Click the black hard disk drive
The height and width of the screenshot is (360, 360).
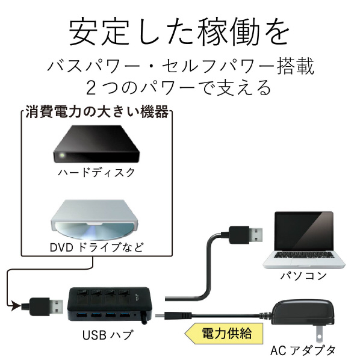point(96,144)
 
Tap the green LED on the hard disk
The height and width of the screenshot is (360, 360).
point(61,155)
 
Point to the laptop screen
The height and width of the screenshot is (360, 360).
point(304,231)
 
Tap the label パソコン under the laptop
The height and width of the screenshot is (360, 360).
point(303,276)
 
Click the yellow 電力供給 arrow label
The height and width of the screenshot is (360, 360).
point(224,333)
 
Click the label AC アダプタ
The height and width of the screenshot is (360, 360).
point(303,351)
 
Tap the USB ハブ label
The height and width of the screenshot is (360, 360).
point(107,335)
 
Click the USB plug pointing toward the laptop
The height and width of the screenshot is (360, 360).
point(245,235)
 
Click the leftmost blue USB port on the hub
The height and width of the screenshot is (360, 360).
point(79,314)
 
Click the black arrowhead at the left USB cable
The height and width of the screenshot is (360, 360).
point(16,306)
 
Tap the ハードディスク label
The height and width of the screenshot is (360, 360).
point(96,173)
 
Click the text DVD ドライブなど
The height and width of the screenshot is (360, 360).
point(97,247)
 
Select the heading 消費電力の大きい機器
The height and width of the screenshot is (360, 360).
point(97,112)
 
